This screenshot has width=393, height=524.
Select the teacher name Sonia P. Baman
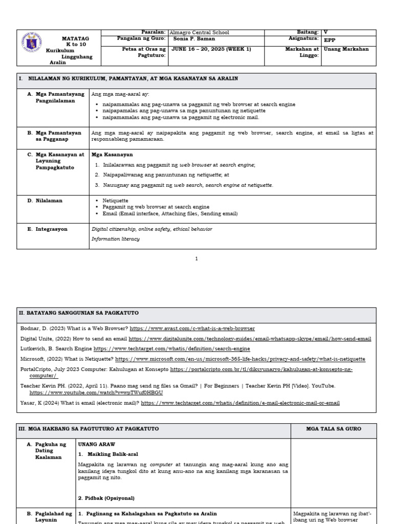(194, 39)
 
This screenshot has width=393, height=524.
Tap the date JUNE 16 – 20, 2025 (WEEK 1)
(211, 49)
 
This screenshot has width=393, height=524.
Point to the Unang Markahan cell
(346, 49)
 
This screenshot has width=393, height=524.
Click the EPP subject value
(330, 39)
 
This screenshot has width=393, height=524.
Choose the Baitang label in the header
(308, 32)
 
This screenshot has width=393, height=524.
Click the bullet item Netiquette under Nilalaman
(115, 201)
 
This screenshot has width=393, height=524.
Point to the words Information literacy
(115, 238)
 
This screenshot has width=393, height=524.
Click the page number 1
(196, 259)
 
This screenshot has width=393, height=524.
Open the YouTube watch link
(96, 392)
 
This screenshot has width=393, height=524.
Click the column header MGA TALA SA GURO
(334, 429)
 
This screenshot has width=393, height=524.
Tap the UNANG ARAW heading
(96, 444)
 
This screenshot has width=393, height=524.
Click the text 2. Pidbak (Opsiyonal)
(106, 497)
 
